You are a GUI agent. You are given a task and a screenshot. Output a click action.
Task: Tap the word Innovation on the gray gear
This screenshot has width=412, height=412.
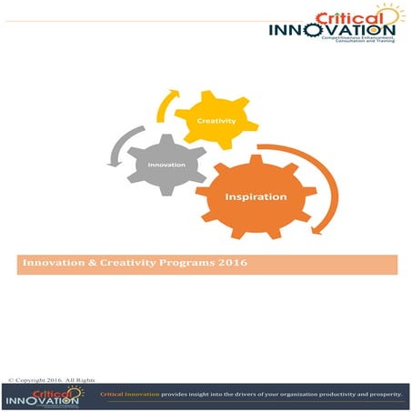click(x=167, y=165)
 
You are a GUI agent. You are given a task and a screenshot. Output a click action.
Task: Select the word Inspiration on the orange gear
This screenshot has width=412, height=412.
click(x=256, y=196)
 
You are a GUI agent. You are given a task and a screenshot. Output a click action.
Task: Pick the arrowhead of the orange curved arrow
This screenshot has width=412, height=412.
click(x=316, y=228)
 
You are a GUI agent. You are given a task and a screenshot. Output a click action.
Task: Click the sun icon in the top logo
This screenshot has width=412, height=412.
click(x=392, y=15)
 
